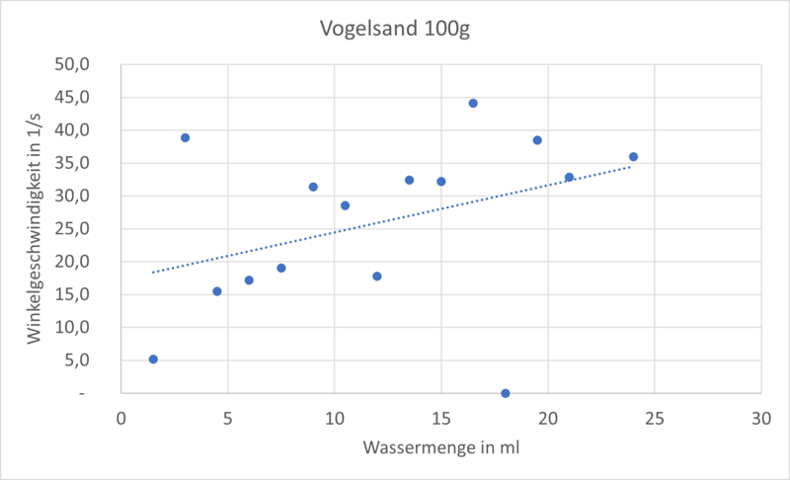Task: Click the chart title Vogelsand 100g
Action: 394,28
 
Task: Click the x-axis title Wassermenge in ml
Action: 441,447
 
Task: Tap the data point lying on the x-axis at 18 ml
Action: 506,393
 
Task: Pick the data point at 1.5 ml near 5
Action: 153,360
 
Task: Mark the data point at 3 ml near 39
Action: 185,137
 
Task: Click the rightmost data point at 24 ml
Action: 633,156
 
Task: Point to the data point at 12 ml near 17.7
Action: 377,277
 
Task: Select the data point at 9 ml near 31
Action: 313,187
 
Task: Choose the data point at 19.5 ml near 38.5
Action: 537,140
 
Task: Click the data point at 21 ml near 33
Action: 569,177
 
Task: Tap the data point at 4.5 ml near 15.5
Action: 217,291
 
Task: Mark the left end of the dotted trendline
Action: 153,272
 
